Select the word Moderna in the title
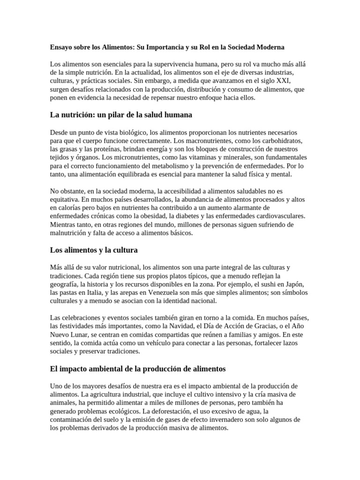[269, 47]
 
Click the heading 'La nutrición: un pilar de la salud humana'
[121, 115]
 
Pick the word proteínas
[97, 149]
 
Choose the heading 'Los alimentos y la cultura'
[94, 250]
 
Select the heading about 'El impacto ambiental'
[137, 369]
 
